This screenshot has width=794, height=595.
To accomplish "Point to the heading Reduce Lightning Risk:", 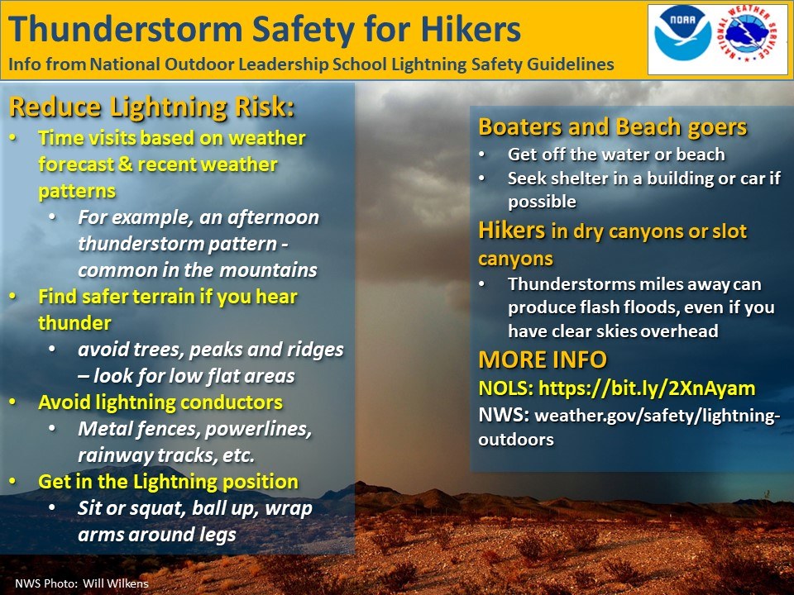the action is (151, 107).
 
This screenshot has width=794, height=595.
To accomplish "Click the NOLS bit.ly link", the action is (647, 388).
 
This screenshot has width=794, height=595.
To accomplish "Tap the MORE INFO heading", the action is (543, 359).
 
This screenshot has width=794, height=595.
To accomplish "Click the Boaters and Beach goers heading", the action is (613, 127).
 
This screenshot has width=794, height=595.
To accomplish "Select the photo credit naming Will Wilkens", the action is (82, 583).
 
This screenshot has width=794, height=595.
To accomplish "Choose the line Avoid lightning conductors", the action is (160, 402).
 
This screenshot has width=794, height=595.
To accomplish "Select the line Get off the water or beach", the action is (616, 155).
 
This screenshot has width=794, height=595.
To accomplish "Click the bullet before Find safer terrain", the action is (13, 297).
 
